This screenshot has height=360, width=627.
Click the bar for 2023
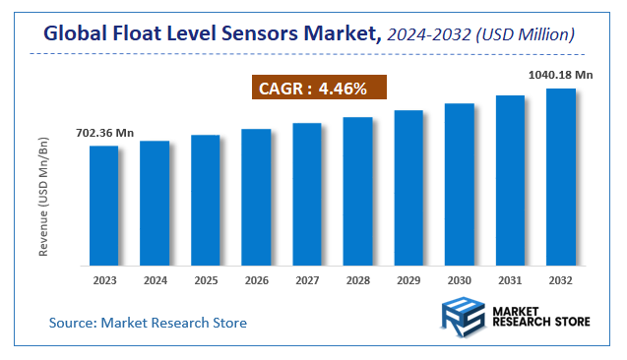(x=103, y=206)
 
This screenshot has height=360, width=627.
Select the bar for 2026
(x=256, y=197)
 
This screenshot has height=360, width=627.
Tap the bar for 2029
(x=408, y=188)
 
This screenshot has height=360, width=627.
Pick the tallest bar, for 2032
(x=561, y=177)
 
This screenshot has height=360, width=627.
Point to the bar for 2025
(x=205, y=200)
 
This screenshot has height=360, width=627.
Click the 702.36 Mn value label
(x=103, y=133)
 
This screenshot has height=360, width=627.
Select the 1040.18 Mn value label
(x=561, y=75)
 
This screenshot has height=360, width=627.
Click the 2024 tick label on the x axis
(x=155, y=280)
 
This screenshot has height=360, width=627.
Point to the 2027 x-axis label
(x=307, y=280)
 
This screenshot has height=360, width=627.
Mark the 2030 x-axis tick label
(x=459, y=280)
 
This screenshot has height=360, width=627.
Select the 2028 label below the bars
(x=357, y=280)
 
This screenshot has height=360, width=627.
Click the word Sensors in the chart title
(x=259, y=34)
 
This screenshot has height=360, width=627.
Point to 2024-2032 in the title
(x=426, y=35)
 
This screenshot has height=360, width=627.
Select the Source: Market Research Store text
(x=148, y=323)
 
